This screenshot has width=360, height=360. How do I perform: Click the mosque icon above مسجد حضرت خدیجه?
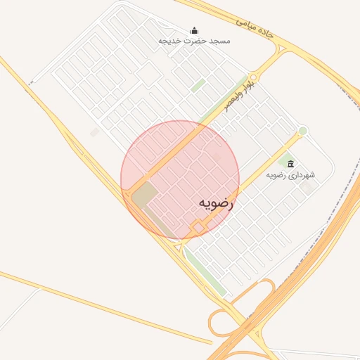194,31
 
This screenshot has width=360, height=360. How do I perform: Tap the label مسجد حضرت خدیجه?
194,41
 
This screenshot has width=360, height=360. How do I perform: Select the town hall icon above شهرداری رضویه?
291,164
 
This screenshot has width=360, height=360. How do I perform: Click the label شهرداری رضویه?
290,174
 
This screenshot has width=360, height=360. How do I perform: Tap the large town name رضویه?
215,202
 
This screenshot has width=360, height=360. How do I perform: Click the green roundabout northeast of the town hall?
302,131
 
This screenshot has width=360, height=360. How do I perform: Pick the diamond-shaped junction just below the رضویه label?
199,228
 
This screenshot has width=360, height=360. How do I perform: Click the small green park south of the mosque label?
198,85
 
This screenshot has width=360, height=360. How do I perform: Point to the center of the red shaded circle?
180,180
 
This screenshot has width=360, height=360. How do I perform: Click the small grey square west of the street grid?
94,132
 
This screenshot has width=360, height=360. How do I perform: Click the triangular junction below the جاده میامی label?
281,50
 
